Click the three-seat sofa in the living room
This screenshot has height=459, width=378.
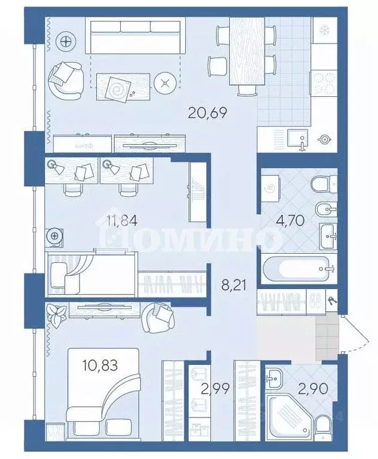135,37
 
